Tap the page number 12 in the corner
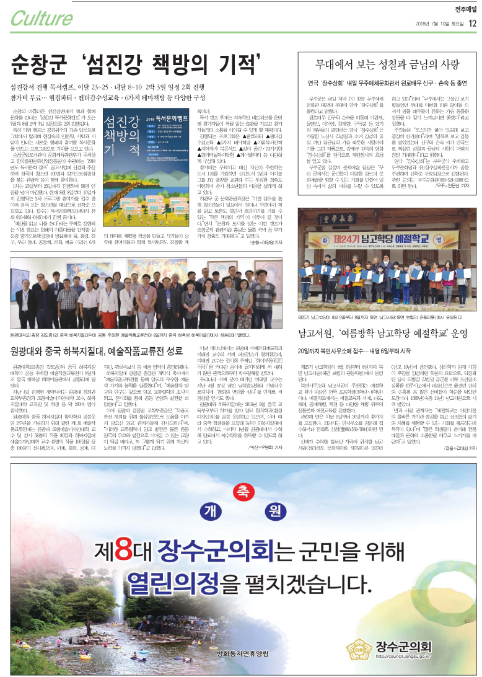pyautogui.click(x=473, y=24)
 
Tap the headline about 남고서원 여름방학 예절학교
pyautogui.click(x=382, y=334)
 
